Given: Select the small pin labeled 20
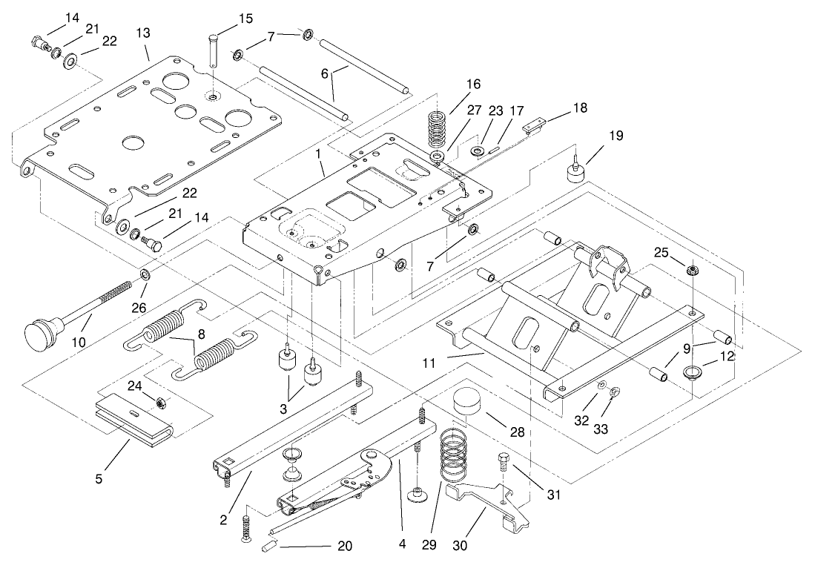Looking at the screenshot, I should point(268,547).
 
